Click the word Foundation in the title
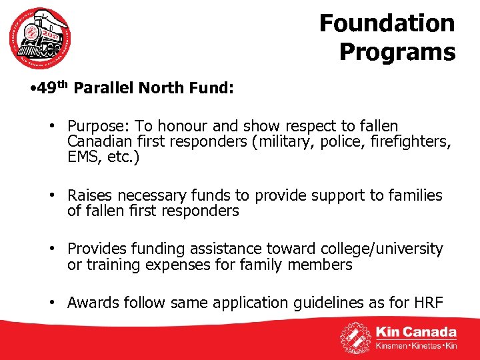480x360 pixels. tap(387, 23)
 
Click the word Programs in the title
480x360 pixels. tap(397, 51)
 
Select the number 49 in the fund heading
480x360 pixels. tap(46, 89)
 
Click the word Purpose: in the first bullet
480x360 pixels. tap(97, 127)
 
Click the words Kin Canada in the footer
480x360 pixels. tap(416, 332)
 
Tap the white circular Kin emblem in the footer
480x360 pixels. tap(356, 337)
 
